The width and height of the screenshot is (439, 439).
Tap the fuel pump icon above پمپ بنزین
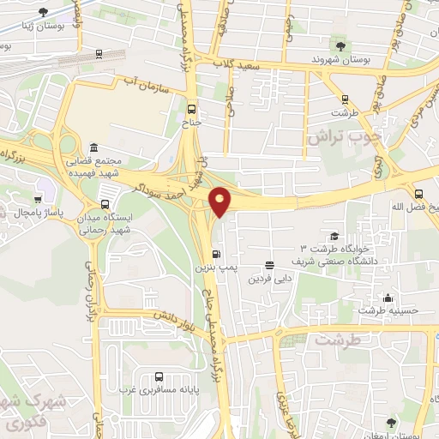214,254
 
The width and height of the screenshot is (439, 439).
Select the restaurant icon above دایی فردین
270,265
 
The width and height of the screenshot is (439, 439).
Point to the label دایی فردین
271,280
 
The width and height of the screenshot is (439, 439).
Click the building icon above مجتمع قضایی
93,147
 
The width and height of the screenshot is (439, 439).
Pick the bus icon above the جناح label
191,109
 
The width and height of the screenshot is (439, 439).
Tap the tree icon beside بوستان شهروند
343,45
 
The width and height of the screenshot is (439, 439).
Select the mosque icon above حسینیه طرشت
388,298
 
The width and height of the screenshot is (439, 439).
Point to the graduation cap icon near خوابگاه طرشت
333,237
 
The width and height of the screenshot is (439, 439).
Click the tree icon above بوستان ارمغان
391,421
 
